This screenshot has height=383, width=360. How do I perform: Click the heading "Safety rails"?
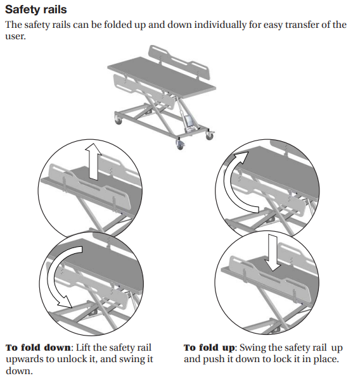tap(36, 9)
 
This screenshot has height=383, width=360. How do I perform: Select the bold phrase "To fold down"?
tap(38, 348)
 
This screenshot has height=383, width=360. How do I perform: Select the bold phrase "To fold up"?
tap(209, 348)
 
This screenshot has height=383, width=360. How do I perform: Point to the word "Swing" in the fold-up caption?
tap(252, 348)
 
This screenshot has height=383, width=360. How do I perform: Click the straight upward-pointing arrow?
tap(93, 161)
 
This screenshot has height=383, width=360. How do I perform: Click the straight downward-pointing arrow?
tap(273, 253)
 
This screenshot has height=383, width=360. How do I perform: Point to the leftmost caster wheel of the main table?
tap(119, 121)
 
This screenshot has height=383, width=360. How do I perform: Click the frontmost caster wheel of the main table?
tap(180, 145)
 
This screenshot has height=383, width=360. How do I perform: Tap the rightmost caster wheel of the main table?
tap(210, 136)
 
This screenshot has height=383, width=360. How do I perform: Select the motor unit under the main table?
tap(190, 122)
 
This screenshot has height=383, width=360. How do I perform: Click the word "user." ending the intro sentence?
tap(15, 36)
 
